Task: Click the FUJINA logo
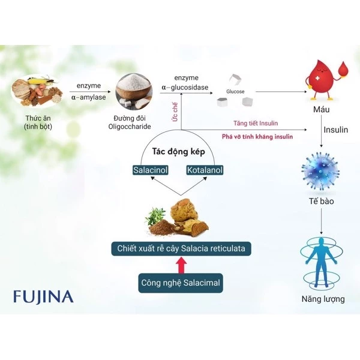[43, 296]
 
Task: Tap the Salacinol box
[150, 170]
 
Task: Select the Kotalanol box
[205, 170]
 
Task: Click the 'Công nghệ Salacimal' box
[181, 281]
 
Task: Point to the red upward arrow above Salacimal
[180, 265]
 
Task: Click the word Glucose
[235, 92]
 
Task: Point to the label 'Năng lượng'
[323, 299]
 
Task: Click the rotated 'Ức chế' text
[173, 112]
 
